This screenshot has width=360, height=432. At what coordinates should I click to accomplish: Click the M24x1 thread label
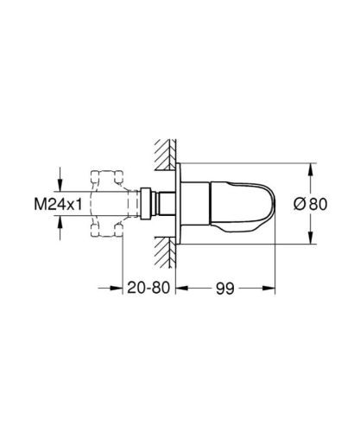point(32,206)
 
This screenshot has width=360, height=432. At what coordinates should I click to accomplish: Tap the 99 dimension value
point(225,286)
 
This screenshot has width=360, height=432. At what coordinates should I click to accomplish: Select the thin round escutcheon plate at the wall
point(180,206)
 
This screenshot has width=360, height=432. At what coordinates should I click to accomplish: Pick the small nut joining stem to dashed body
point(148,206)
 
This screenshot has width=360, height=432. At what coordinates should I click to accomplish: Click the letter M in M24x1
point(14,206)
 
